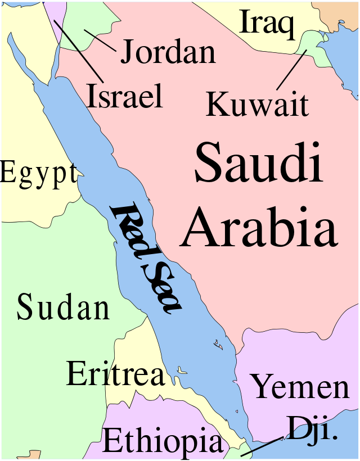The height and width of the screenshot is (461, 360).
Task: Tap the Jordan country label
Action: (x=168, y=52)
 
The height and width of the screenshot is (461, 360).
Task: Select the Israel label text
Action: (x=125, y=96)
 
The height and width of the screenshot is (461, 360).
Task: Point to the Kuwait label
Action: (x=258, y=105)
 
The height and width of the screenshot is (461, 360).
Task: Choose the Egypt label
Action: (x=38, y=173)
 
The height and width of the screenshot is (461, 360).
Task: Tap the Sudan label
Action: (x=63, y=308)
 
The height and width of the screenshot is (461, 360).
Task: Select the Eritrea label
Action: (x=115, y=374)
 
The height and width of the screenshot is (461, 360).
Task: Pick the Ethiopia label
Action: (x=163, y=441)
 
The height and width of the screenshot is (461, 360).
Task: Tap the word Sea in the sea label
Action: (x=161, y=286)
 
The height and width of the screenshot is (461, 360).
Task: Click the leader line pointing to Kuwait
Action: (x=291, y=70)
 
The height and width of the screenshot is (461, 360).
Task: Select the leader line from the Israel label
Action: (x=79, y=51)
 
